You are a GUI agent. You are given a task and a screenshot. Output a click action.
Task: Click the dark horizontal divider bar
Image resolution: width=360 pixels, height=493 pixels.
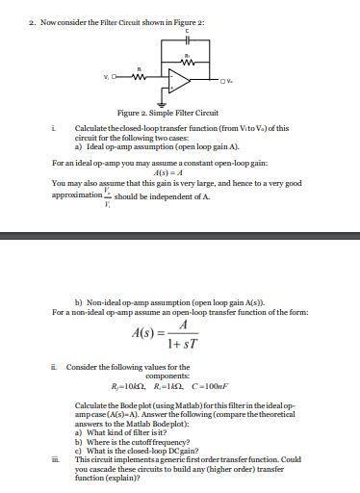click(180, 234)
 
